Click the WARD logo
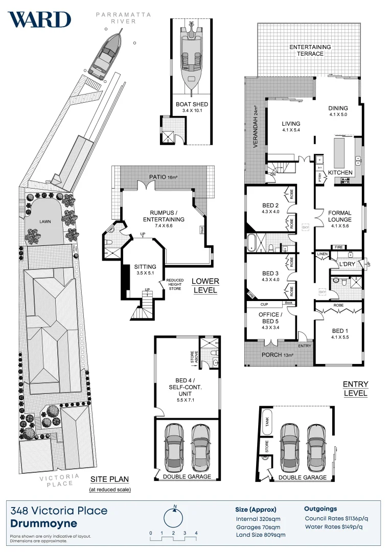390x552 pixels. pyautogui.click(x=39, y=19)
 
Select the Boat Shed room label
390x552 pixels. pyautogui.click(x=192, y=108)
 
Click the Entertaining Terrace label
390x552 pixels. pyautogui.click(x=310, y=50)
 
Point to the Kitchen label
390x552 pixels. pyautogui.click(x=340, y=173)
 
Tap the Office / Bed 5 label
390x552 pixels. pyautogui.click(x=270, y=321)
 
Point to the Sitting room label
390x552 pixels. pyautogui.click(x=145, y=270)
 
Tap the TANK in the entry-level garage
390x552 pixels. pyautogui.click(x=267, y=421)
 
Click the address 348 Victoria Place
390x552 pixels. pyautogui.click(x=59, y=511)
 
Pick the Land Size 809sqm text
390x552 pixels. pyautogui.click(x=260, y=535)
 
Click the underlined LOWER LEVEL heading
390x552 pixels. pyautogui.click(x=205, y=286)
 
